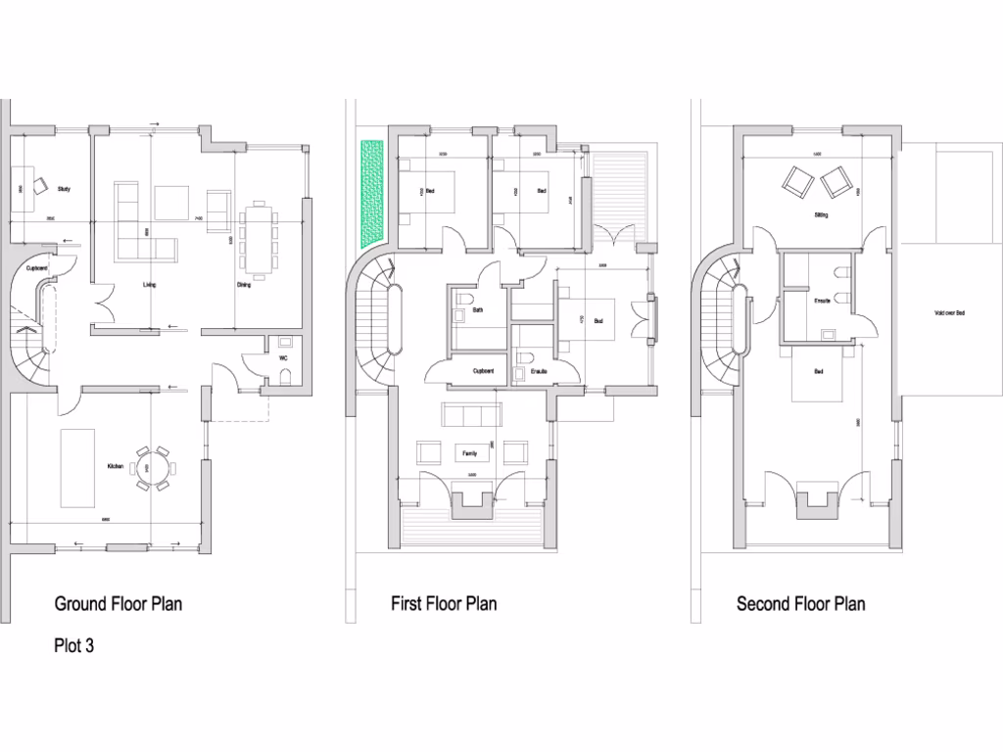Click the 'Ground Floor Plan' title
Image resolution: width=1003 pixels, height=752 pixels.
pyautogui.click(x=118, y=604)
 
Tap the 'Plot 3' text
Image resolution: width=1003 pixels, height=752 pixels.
pyautogui.click(x=74, y=646)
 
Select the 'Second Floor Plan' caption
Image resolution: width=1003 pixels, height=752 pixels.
pyautogui.click(x=800, y=604)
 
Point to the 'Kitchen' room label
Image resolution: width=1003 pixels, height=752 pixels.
pyautogui.click(x=116, y=467)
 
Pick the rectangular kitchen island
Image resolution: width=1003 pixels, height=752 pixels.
pyautogui.click(x=77, y=464)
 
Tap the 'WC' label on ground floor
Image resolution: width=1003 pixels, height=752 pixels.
pyautogui.click(x=284, y=358)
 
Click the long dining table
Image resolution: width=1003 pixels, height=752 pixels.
pyautogui.click(x=260, y=239)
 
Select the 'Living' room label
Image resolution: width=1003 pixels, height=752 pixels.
pyautogui.click(x=150, y=285)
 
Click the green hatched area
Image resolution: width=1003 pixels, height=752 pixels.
pyautogui.click(x=372, y=192)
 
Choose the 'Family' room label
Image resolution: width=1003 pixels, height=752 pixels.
pyautogui.click(x=470, y=454)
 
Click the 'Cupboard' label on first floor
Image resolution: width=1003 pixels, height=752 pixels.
pyautogui.click(x=483, y=371)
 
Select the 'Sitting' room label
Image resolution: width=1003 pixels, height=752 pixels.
pyautogui.click(x=821, y=214)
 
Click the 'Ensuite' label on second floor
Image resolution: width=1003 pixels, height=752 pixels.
pyautogui.click(x=823, y=300)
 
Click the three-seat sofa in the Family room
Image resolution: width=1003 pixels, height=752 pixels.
pyautogui.click(x=473, y=414)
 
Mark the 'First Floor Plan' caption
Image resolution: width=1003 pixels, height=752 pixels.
pyautogui.click(x=444, y=604)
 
